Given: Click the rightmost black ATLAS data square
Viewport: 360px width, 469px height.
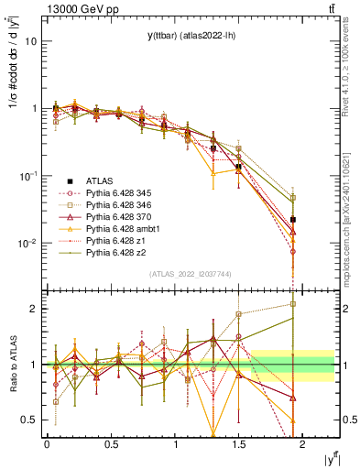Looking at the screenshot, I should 293,220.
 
